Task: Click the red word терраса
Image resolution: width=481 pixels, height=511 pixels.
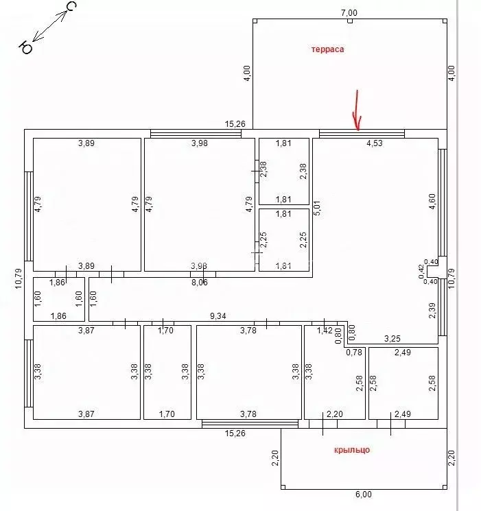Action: click(327, 49)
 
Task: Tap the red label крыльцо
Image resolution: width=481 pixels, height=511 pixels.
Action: click(352, 449)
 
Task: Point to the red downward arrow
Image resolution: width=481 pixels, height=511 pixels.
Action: click(356, 110)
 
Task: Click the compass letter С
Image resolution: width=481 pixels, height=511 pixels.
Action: click(71, 8)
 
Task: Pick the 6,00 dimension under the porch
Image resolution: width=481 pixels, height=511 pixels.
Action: click(363, 495)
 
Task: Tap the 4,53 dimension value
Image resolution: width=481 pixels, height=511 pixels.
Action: click(374, 143)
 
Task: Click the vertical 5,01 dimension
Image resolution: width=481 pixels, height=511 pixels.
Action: click(317, 208)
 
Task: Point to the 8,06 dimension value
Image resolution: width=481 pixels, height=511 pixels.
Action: click(200, 282)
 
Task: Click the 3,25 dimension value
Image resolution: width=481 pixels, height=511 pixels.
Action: click(392, 338)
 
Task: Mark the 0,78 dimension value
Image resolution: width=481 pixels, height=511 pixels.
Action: click(354, 353)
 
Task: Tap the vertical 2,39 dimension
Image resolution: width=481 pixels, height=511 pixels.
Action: click(431, 311)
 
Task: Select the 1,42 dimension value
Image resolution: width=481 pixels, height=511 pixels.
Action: click(324, 331)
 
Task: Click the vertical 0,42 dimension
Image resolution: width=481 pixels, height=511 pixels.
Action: click(421, 272)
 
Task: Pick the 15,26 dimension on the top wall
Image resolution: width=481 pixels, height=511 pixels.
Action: click(235, 124)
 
